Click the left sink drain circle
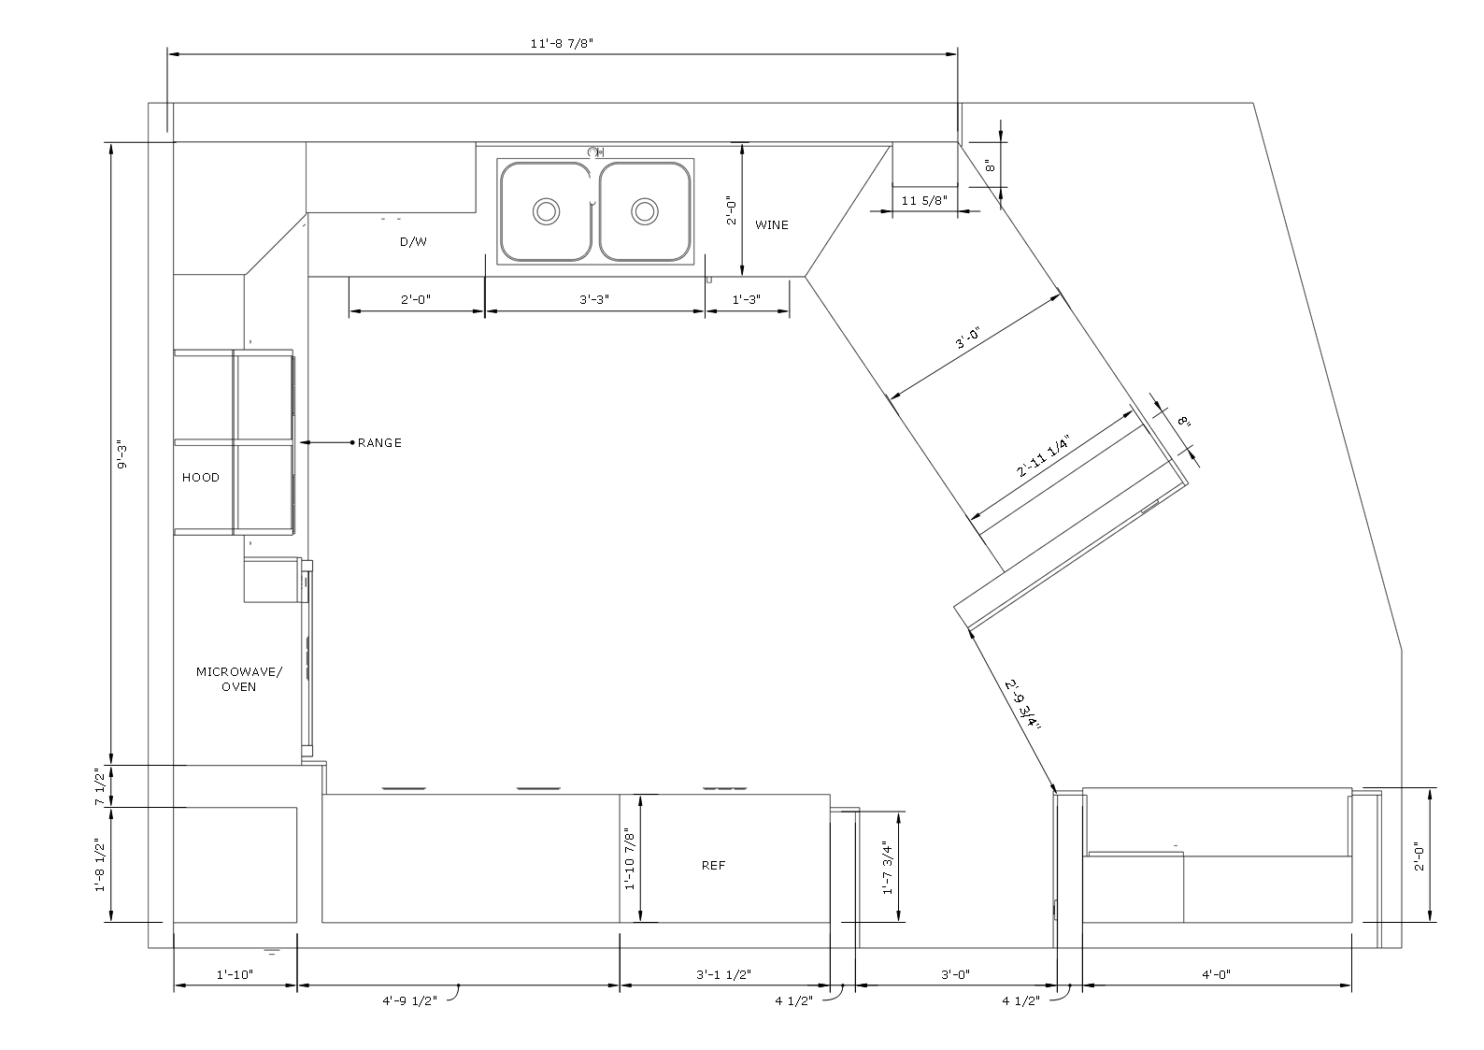pos(547,211)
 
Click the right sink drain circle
pos(645,211)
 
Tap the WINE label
pos(772,225)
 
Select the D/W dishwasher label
pos(413,242)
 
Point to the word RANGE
pos(379,443)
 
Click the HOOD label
pos(201,477)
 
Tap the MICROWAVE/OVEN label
pos(239,680)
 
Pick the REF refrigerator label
pos(714,865)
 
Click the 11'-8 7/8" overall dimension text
pos(562,44)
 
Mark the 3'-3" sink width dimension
pos(594,299)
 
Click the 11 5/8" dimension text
pos(925,200)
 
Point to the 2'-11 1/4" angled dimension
pos(1044,456)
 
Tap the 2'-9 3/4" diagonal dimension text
pos(1023,704)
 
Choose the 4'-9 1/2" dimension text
pos(410,1001)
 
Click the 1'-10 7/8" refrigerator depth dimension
pos(629,860)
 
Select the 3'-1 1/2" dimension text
pos(723,974)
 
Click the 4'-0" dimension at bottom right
pos(1217,974)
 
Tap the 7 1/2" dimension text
pos(100,787)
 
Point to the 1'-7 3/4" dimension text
pos(889,868)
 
